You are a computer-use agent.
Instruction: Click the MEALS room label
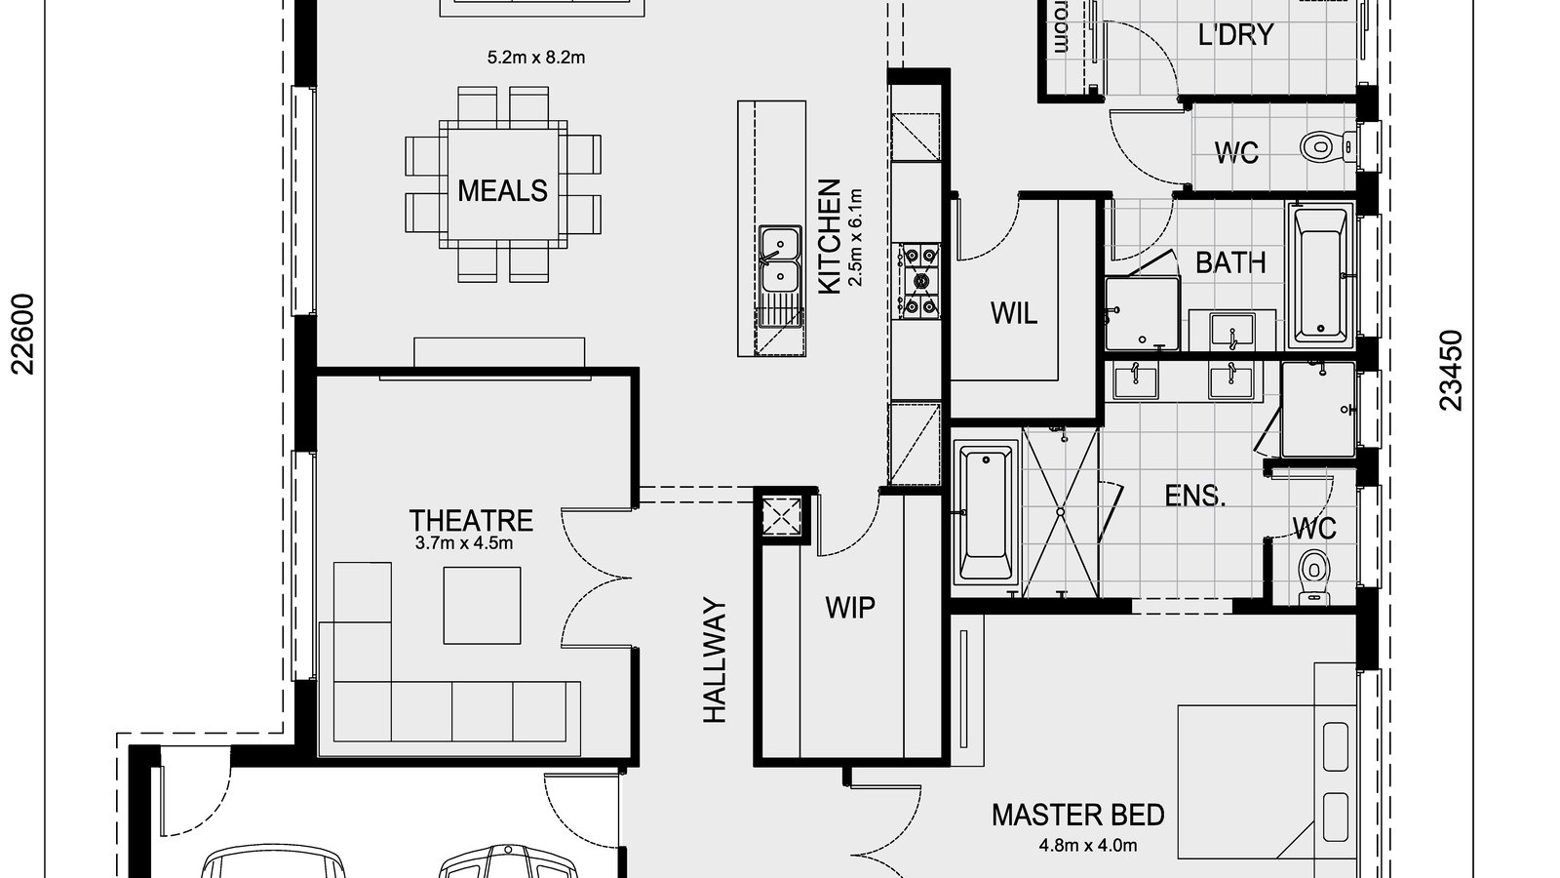click(x=502, y=190)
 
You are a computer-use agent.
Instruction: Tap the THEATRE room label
click(x=471, y=520)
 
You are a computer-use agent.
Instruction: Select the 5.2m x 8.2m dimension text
click(x=535, y=58)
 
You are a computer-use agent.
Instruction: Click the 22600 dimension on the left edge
click(x=23, y=334)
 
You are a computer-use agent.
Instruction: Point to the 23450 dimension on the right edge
click(x=1452, y=370)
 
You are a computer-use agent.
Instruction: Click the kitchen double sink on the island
click(x=780, y=260)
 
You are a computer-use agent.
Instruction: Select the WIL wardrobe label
click(x=1013, y=314)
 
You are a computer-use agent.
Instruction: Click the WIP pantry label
click(x=850, y=608)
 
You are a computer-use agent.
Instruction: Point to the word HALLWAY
click(x=716, y=660)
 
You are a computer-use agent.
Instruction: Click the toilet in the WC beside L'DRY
click(x=1320, y=148)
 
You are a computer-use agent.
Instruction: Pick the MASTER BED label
click(x=1078, y=815)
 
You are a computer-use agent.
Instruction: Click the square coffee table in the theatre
click(x=482, y=605)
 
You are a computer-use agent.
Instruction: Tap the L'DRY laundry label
click(x=1235, y=35)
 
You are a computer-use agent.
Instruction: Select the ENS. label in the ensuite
click(x=1195, y=496)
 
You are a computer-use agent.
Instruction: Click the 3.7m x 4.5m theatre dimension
click(x=464, y=544)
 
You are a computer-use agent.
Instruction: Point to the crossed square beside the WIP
click(x=782, y=514)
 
